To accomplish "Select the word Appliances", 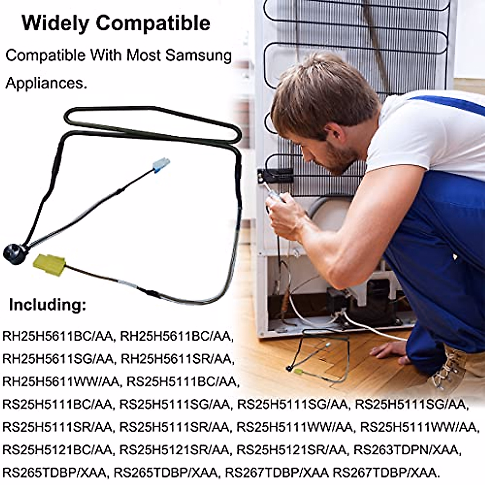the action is point(46,83).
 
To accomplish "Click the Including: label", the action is point(47,304).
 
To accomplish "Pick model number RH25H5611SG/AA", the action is point(58,359).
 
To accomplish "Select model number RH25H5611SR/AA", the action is point(177,359).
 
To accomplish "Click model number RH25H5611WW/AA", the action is point(61,382).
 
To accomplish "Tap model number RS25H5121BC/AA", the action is point(58,449).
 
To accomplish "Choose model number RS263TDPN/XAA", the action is point(407,449).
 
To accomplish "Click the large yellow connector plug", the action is point(50,264).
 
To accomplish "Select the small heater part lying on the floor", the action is point(319,356).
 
